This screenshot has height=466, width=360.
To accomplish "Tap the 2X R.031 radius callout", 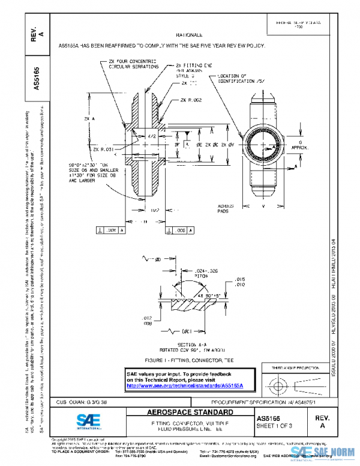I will coord(112,149).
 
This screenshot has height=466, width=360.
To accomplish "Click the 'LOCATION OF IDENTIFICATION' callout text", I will coord(232,79).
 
